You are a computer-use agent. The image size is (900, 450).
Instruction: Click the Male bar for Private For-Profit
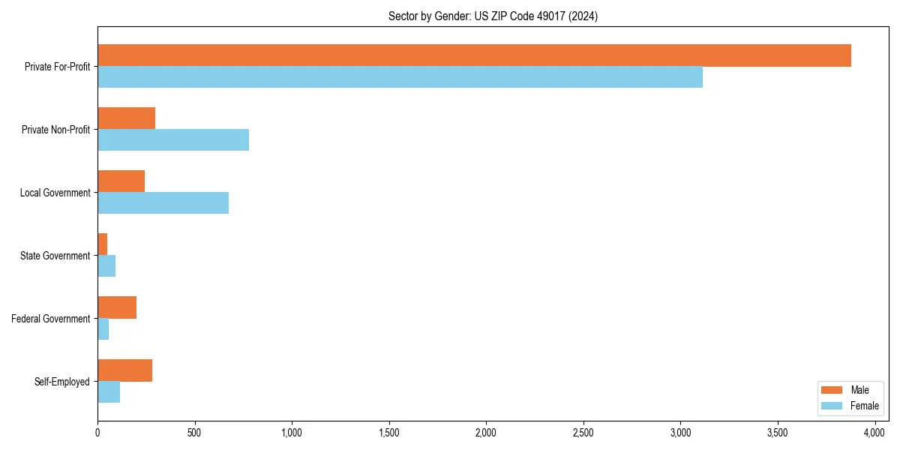(x=474, y=55)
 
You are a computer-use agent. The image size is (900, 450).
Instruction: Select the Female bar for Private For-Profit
(x=400, y=77)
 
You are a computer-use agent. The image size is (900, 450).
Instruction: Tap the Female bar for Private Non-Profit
(x=173, y=140)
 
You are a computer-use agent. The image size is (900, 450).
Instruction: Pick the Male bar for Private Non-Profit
(x=126, y=118)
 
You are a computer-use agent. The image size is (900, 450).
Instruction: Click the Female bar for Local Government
(x=163, y=203)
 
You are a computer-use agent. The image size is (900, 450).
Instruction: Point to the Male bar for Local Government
(x=121, y=181)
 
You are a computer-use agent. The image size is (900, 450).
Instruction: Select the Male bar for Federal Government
(x=117, y=307)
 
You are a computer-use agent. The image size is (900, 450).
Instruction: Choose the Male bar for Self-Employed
(x=124, y=370)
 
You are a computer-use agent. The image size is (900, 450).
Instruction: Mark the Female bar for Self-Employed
(x=109, y=392)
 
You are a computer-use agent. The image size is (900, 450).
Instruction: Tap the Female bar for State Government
(x=106, y=266)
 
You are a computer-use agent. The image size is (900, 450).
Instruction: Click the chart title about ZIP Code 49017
(x=493, y=16)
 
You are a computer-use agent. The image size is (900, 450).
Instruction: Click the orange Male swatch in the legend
(x=832, y=390)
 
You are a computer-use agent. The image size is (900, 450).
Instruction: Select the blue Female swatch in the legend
(x=832, y=406)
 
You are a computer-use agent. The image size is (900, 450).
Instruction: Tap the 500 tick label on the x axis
(x=194, y=433)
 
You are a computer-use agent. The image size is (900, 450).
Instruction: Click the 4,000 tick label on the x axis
(x=874, y=433)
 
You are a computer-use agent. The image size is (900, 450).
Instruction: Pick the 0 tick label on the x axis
(x=97, y=433)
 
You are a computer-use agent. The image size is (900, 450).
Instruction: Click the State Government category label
(x=55, y=256)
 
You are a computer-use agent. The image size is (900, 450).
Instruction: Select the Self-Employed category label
(x=61, y=382)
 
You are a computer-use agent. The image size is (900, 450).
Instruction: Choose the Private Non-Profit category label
(x=55, y=130)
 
